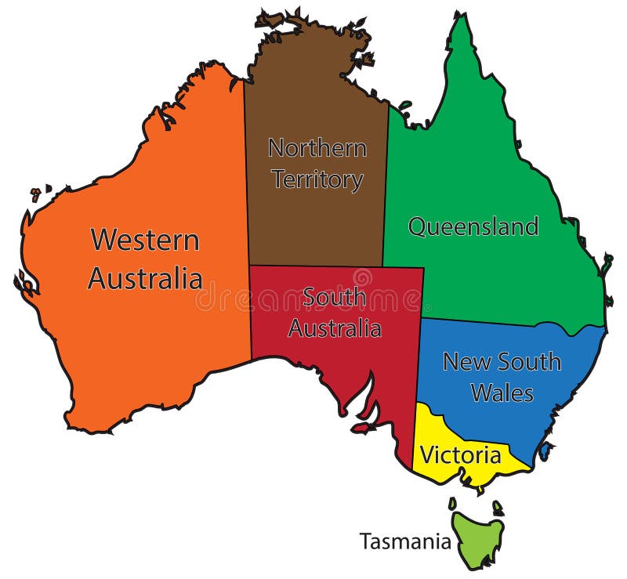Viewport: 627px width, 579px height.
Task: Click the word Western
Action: click(x=145, y=240)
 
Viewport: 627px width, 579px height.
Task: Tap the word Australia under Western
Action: click(x=145, y=278)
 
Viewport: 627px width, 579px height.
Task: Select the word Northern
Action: click(x=317, y=147)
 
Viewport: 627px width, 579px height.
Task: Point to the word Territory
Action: click(x=317, y=179)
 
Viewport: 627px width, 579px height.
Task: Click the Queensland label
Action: click(x=473, y=227)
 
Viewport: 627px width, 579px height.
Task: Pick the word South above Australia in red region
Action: click(x=335, y=297)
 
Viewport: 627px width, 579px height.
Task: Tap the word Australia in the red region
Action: click(x=335, y=327)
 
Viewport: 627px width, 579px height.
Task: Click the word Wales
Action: click(x=502, y=392)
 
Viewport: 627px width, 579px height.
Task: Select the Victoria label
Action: click(x=460, y=455)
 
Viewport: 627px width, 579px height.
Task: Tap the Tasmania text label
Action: click(x=405, y=541)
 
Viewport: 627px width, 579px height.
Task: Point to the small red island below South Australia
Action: click(x=361, y=428)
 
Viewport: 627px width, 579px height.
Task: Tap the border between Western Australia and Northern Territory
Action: click(x=246, y=172)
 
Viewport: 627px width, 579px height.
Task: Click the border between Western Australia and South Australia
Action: click(x=251, y=313)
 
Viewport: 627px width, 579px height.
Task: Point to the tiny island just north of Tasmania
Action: click(x=452, y=504)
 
